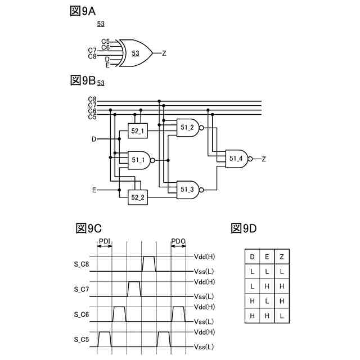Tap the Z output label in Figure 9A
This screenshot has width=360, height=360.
pyautogui.click(x=164, y=53)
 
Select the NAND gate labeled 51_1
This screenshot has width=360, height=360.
pyautogui.click(x=140, y=160)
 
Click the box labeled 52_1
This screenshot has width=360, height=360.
pyautogui.click(x=138, y=132)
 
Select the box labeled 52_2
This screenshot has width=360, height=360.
pyautogui.click(x=138, y=197)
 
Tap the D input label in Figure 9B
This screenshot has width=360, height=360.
pyautogui.click(x=94, y=138)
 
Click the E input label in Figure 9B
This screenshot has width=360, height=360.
pyautogui.click(x=94, y=190)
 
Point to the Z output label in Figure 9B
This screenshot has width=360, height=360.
pyautogui.click(x=263, y=159)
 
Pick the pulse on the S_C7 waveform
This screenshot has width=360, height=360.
pyautogui.click(x=134, y=289)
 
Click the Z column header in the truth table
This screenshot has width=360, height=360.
pyautogui.click(x=281, y=257)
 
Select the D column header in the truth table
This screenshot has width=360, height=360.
pyautogui.click(x=252, y=257)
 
